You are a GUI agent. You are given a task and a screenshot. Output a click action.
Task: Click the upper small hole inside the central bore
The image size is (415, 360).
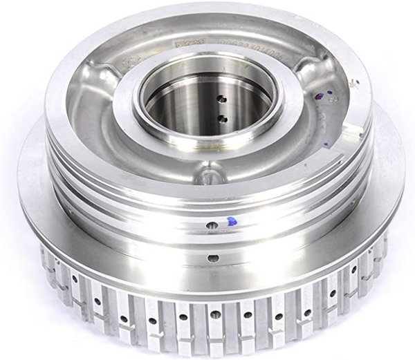pyautogui.click(x=221, y=98)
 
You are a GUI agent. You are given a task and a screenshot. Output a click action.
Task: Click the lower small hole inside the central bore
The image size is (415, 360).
pyautogui.click(x=222, y=118)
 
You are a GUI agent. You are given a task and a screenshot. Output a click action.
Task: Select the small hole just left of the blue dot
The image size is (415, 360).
pyautogui.click(x=212, y=224)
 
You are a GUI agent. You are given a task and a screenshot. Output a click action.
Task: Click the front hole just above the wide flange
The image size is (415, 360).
pyautogui.click(x=213, y=258)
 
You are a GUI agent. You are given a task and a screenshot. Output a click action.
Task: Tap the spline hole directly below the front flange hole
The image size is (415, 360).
pyautogui.click(x=214, y=314)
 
